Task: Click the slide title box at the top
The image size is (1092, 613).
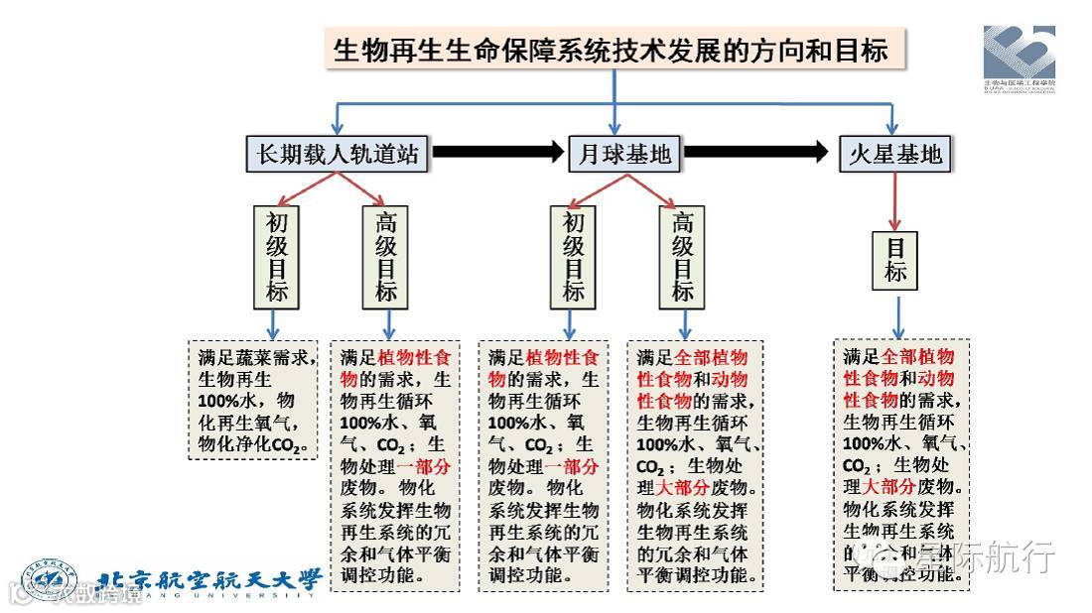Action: (x=614, y=49)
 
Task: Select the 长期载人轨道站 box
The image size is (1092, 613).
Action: (x=337, y=154)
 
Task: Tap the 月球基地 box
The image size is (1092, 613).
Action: (x=623, y=154)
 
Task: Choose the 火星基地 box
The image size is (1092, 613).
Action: (x=894, y=154)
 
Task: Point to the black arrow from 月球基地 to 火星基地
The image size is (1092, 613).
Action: (x=755, y=153)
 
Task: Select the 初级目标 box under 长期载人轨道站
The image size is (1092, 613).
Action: (x=276, y=256)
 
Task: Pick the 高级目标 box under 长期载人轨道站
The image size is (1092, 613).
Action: (x=386, y=256)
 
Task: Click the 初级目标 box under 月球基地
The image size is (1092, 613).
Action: (x=574, y=256)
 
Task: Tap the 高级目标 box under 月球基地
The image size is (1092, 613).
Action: (x=683, y=256)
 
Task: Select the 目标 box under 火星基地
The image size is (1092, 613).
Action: (x=896, y=260)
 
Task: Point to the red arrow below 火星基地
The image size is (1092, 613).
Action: (x=894, y=202)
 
